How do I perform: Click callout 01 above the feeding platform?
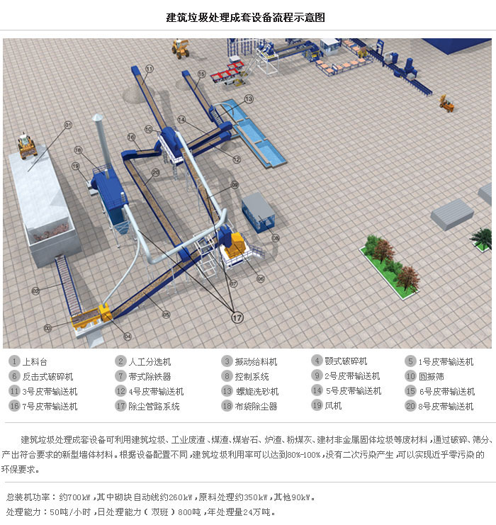68,125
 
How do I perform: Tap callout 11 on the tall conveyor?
150,68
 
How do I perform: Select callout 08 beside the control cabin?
276,238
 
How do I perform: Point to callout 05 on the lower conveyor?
166,314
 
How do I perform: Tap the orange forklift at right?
446,103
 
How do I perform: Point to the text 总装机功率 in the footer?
28,497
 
